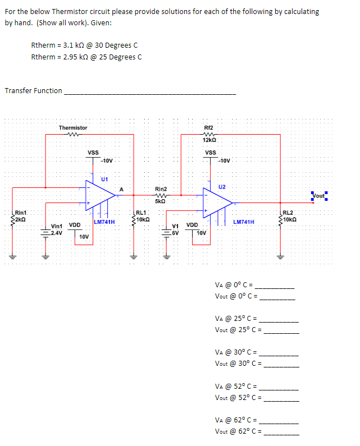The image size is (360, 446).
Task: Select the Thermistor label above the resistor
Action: [x=73, y=128]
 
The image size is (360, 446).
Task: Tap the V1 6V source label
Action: [x=176, y=229]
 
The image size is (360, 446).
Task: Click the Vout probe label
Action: [x=318, y=196]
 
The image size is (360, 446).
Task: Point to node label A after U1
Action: [x=121, y=188]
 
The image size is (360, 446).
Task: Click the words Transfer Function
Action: [x=33, y=90]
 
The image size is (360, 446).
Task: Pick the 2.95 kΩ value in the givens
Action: [x=76, y=57]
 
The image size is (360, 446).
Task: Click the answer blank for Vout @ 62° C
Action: [x=282, y=434]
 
